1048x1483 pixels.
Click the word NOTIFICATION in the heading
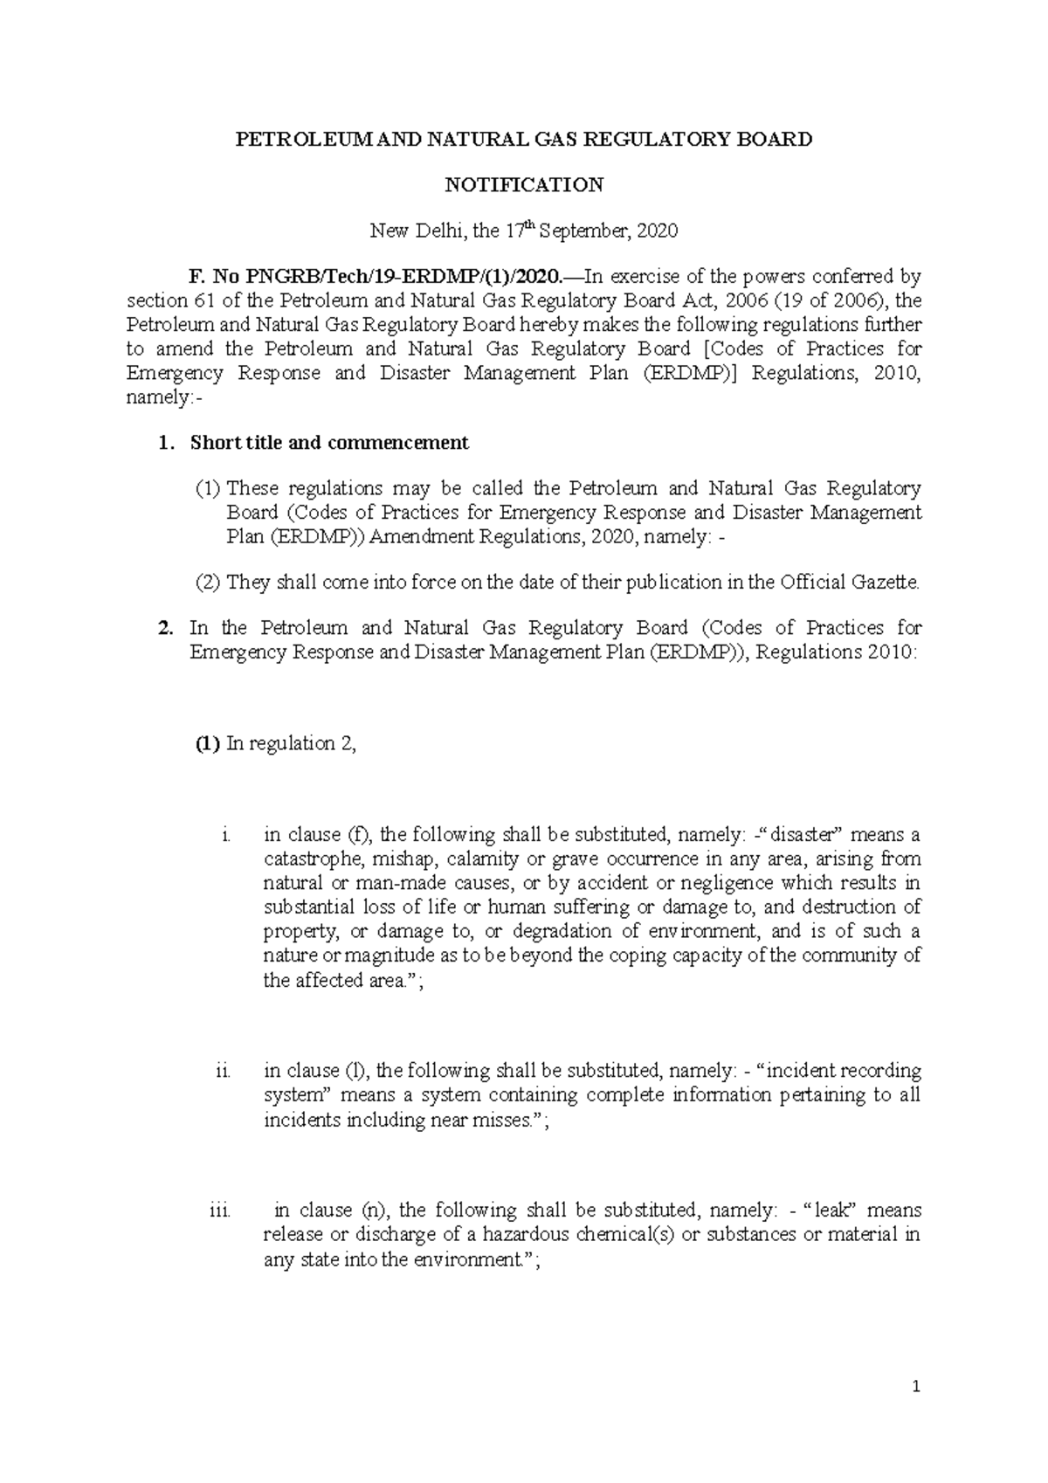click(524, 185)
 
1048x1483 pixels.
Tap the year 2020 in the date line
click(656, 231)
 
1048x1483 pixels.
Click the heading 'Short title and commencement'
click(329, 443)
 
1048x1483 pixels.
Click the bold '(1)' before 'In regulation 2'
click(206, 744)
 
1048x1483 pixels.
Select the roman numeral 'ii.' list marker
click(224, 1071)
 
